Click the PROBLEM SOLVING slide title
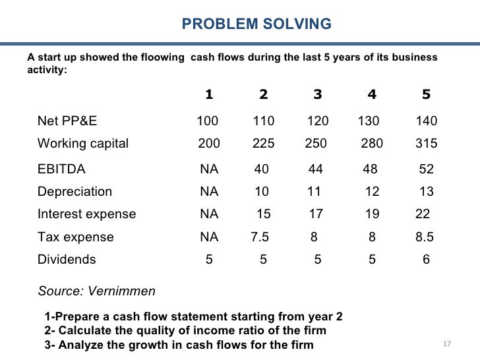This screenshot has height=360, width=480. coord(256,25)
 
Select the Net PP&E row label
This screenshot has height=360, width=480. coord(68,121)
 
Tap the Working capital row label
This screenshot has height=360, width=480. coord(83,144)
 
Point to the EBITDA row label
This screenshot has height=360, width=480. coord(61,169)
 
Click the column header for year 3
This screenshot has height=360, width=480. coord(318,94)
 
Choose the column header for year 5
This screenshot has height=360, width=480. coord(426,94)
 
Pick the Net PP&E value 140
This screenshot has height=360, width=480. coord(427,121)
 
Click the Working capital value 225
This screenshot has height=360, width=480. coord(264,144)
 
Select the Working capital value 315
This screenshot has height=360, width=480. coord(427,144)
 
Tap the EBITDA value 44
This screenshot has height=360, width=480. coord(316,169)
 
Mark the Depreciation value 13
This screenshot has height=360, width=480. coord(427,192)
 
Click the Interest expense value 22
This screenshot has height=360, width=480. coord(423,214)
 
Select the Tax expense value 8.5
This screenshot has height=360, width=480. coord(425,237)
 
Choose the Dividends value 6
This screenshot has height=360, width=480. coord(426,259)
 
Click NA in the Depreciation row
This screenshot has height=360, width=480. coord(209,192)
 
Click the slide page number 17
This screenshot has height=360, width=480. coord(446,345)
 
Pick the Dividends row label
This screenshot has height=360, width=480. coord(67,259)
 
